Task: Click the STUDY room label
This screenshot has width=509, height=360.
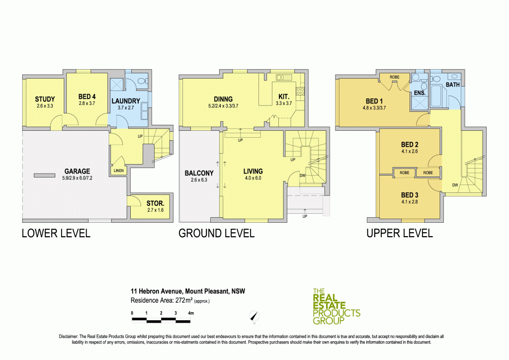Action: click(x=45, y=99)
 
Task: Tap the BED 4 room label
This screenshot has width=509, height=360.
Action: click(x=86, y=99)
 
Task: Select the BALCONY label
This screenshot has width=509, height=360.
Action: click(x=199, y=173)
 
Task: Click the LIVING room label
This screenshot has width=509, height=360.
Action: click(x=253, y=172)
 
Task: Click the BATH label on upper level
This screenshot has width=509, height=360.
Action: click(x=452, y=85)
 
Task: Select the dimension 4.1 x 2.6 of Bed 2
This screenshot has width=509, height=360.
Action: click(x=410, y=151)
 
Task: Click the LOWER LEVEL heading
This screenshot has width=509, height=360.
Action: click(x=56, y=233)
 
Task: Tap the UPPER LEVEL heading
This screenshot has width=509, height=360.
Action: click(x=399, y=233)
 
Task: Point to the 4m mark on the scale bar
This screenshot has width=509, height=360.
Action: click(x=190, y=313)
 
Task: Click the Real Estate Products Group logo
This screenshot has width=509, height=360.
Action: click(x=336, y=304)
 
